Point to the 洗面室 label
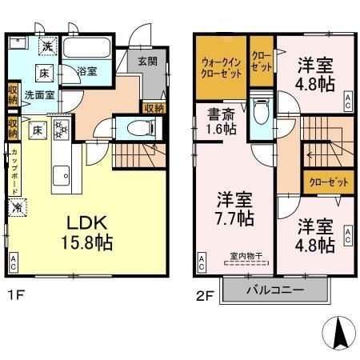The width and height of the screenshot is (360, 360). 38,94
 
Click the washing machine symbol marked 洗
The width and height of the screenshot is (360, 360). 47,47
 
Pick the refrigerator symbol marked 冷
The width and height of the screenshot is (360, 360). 16,207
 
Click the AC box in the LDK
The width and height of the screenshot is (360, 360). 14,261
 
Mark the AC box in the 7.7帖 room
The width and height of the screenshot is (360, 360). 201,261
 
